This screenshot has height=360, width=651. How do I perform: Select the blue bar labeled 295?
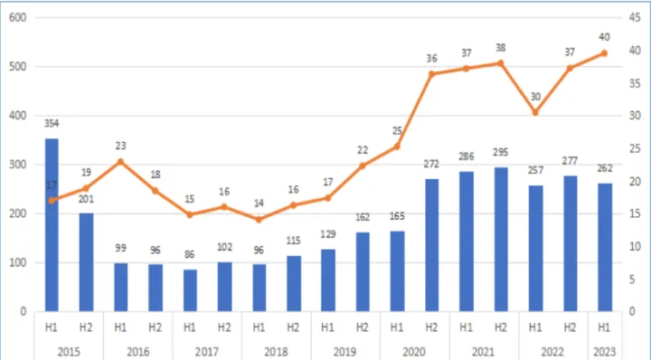coord(500,239)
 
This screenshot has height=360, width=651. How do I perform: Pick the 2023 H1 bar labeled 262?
coord(604,247)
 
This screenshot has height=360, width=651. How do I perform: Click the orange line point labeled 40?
coord(604,52)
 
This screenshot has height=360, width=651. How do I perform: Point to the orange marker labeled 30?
coord(535,112)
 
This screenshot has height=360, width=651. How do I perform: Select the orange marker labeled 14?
coord(259,219)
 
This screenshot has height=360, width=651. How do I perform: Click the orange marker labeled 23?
coord(120,161)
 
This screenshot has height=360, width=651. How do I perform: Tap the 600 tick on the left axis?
coord(17,18)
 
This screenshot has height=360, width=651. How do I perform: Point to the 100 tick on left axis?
coord(17,262)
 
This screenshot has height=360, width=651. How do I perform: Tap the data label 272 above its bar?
coord(431,166)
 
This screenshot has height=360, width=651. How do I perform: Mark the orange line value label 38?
coord(500,47)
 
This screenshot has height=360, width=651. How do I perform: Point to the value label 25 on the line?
coord(397,130)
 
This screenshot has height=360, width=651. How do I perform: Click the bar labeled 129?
coord(327,279)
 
